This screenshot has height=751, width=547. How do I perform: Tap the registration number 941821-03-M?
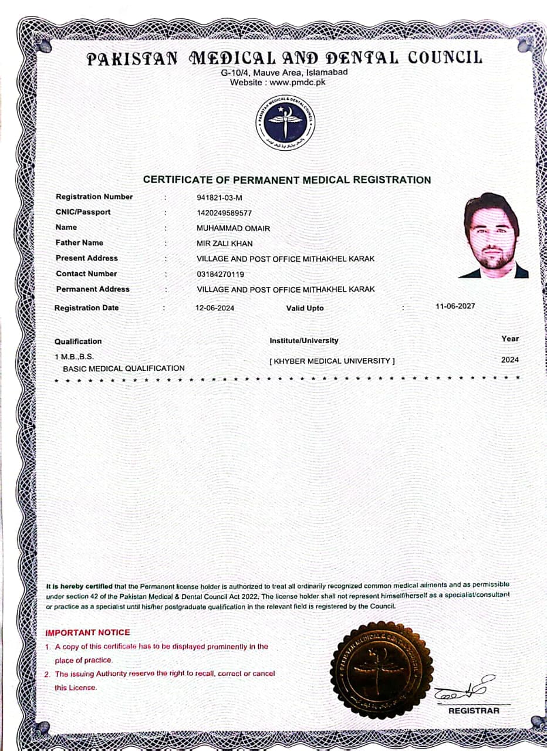tap(220, 197)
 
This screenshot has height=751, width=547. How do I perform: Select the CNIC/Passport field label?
tap(83, 212)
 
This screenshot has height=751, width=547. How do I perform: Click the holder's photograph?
tap(494, 235)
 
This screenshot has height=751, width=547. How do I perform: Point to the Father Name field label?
tap(79, 242)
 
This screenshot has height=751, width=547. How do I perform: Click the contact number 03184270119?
tap(221, 274)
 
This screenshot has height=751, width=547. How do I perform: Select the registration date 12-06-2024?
tap(215, 307)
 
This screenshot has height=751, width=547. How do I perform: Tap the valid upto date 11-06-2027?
tap(455, 306)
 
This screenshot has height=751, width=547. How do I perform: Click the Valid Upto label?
tap(305, 308)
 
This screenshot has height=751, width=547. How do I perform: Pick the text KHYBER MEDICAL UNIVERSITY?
tap(332, 361)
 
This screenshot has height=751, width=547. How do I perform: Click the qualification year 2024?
tap(510, 360)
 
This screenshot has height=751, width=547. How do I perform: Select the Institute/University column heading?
tap(303, 340)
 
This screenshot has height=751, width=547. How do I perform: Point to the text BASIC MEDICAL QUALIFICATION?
tap(124, 368)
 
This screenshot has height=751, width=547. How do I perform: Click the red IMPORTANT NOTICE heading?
tap(88, 632)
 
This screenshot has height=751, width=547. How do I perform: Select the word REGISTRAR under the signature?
tap(474, 711)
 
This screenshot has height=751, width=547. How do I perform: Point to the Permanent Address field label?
tap(93, 289)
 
